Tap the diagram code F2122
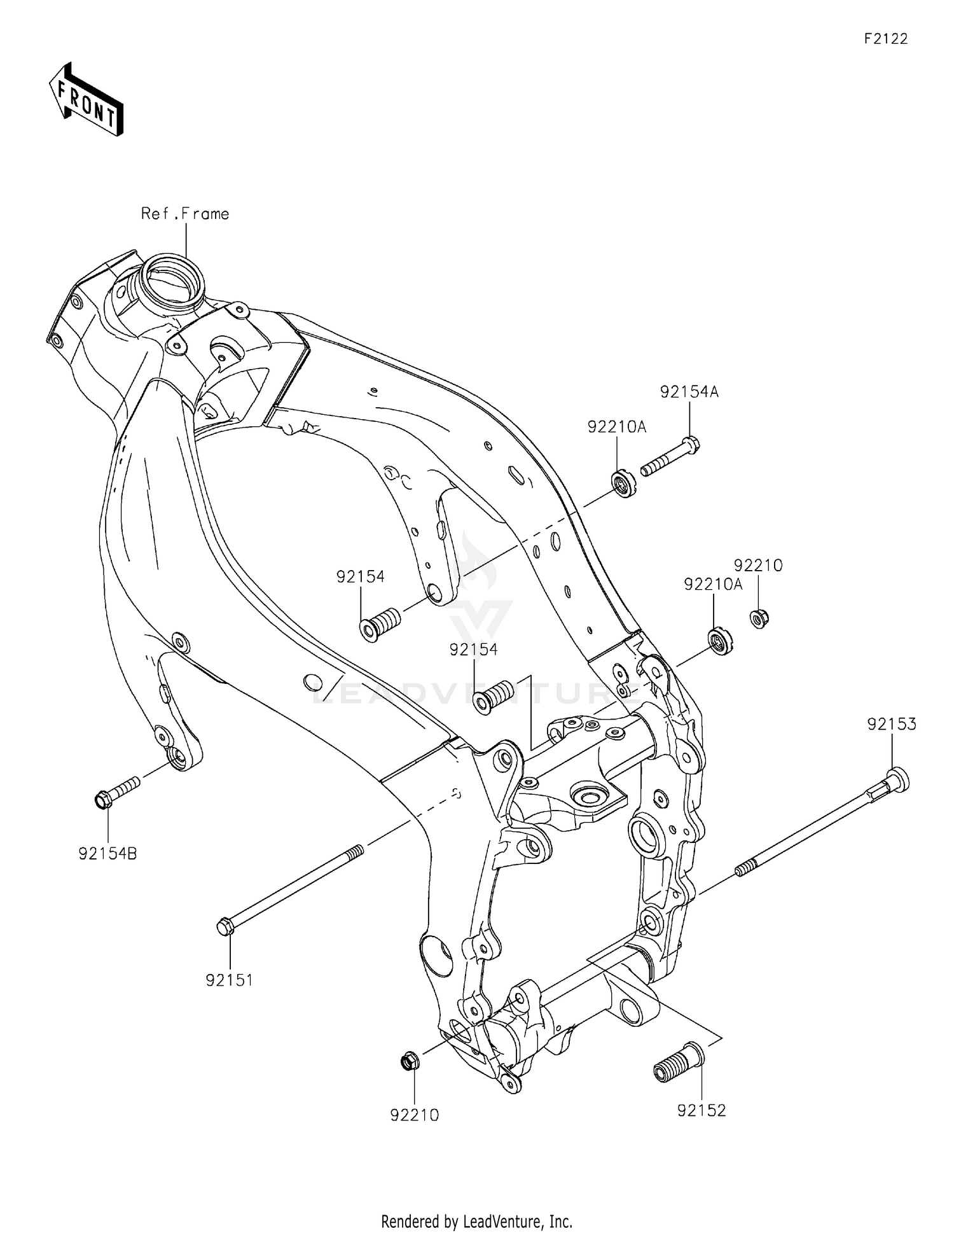click(x=885, y=39)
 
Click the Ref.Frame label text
click(x=184, y=214)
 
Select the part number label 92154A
click(x=689, y=392)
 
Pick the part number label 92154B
click(x=107, y=854)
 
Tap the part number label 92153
click(x=892, y=724)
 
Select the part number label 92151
click(x=229, y=980)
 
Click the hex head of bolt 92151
click(x=225, y=926)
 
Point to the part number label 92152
click(x=701, y=1110)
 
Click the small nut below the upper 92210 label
click(x=758, y=618)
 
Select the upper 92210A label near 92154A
click(x=616, y=427)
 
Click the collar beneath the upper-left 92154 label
click(x=380, y=623)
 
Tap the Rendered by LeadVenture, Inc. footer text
click(x=476, y=1221)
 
